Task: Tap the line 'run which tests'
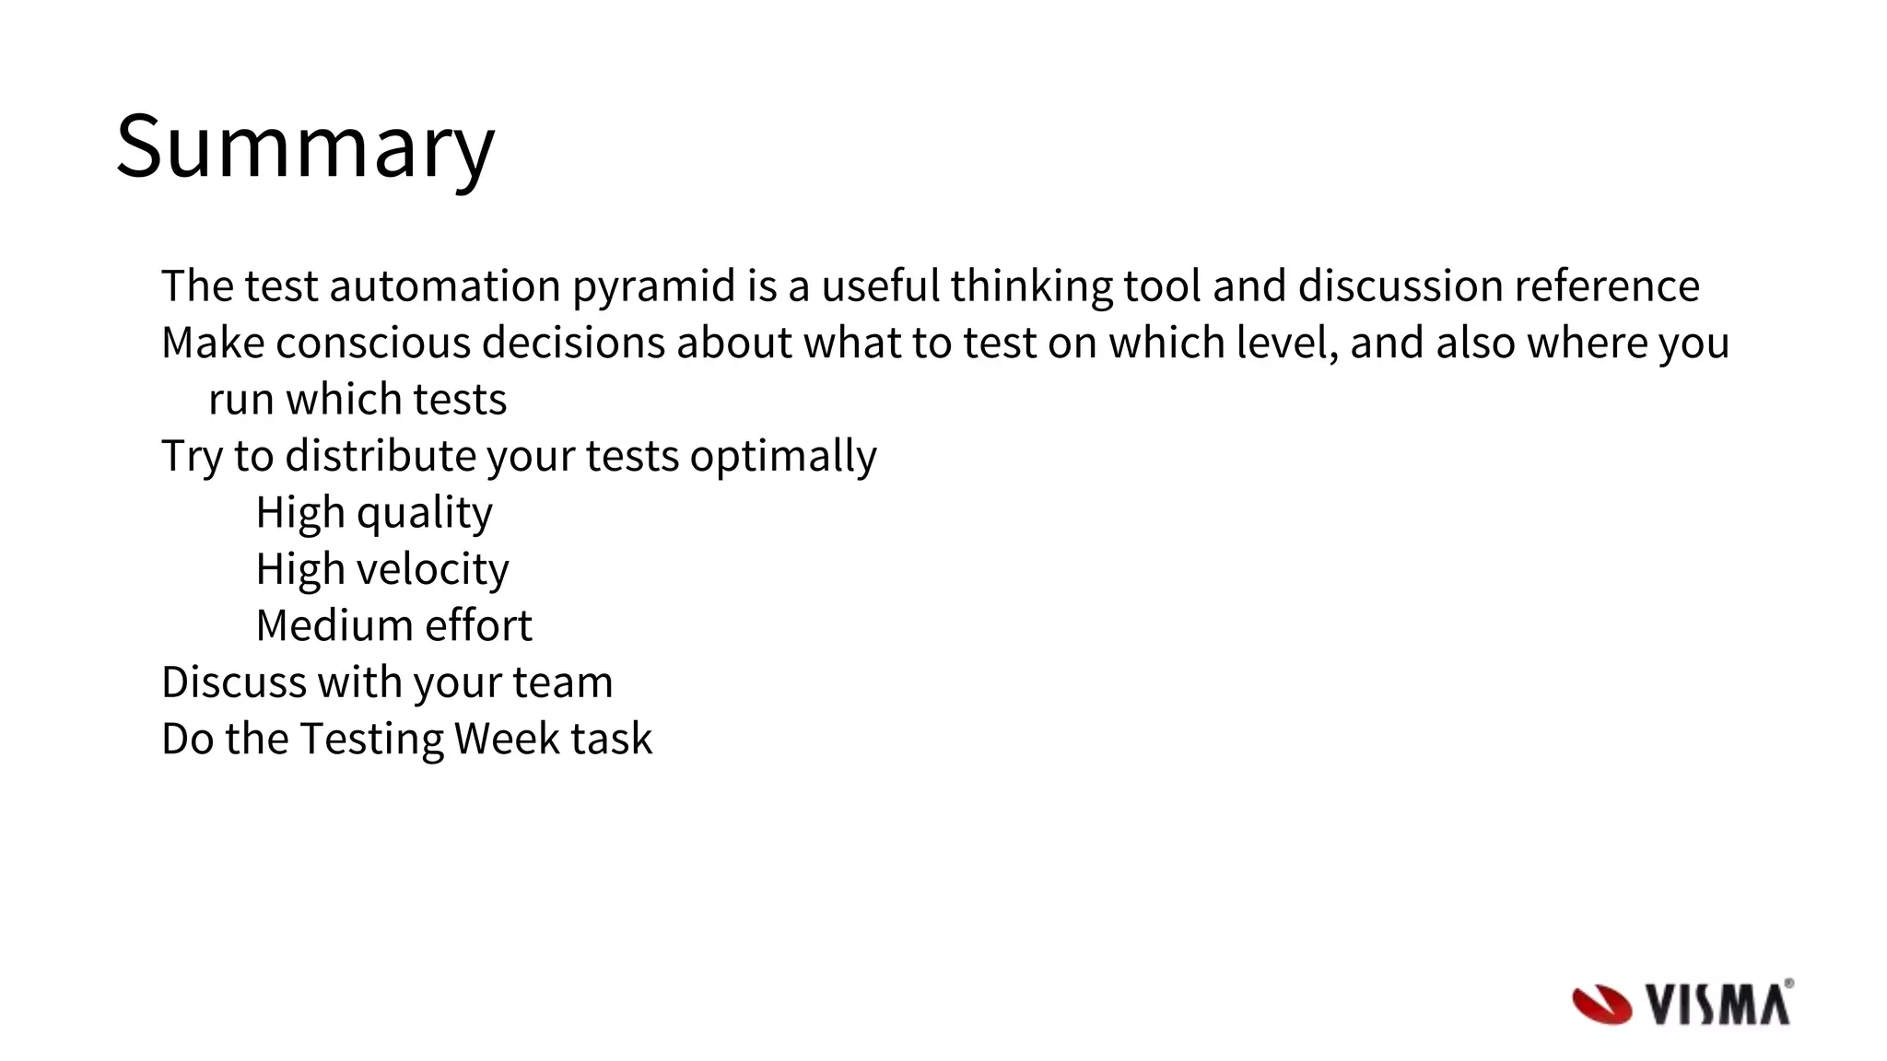357,400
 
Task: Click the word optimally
782,457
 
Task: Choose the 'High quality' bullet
373,513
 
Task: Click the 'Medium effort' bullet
393,626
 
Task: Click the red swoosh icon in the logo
1600,1004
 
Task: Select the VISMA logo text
1717,1004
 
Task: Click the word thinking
1031,286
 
